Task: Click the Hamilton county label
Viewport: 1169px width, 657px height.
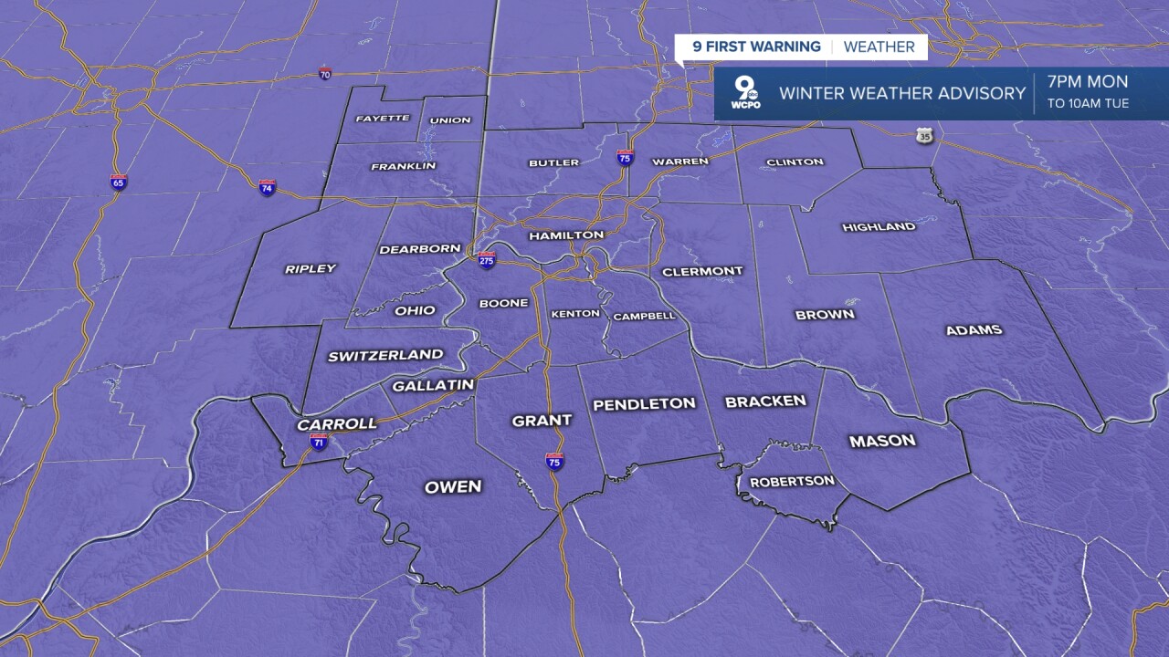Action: click(x=566, y=235)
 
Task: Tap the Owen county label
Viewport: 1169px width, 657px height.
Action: click(x=453, y=486)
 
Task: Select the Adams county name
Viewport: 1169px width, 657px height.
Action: click(x=974, y=330)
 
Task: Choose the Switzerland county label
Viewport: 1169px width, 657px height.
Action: click(x=385, y=355)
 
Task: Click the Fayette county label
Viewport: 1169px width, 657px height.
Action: click(x=382, y=119)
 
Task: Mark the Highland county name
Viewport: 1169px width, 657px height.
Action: click(x=879, y=226)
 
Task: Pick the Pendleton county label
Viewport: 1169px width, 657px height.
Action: click(x=644, y=403)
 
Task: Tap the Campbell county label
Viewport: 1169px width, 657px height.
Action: click(x=644, y=317)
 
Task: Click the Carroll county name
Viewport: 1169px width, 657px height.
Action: click(x=337, y=424)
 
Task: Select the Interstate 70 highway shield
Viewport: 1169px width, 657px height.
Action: click(x=325, y=73)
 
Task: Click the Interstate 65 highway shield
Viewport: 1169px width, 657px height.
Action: click(x=119, y=182)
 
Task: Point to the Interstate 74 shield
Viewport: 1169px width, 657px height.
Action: click(x=267, y=187)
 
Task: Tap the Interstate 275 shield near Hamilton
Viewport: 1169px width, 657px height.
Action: click(x=487, y=260)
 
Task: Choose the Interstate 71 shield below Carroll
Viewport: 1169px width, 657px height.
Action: click(x=319, y=443)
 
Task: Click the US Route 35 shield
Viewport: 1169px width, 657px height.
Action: click(x=925, y=136)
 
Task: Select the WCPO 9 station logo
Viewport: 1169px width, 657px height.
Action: click(x=745, y=93)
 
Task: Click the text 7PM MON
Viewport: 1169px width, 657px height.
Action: click(x=1088, y=82)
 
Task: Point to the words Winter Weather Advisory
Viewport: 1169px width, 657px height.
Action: click(x=902, y=93)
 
